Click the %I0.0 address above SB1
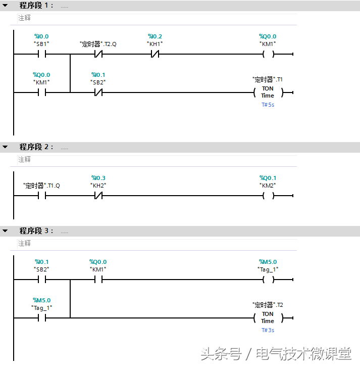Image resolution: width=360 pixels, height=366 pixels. pyautogui.click(x=41, y=36)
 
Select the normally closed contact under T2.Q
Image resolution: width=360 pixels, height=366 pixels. pyautogui.click(x=99, y=54)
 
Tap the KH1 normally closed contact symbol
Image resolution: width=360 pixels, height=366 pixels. pyautogui.click(x=155, y=54)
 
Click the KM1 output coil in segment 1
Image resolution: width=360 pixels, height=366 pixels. pyautogui.click(x=268, y=54)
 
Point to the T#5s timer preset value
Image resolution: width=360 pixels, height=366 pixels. pyautogui.click(x=268, y=105)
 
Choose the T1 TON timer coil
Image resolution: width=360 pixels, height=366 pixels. pyautogui.click(x=268, y=93)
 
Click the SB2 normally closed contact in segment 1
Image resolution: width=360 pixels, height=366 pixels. pyautogui.click(x=98, y=93)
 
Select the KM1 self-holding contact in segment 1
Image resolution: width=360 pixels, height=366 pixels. pyautogui.click(x=41, y=93)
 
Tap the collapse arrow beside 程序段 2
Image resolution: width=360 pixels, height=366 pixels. pyautogui.click(x=5, y=147)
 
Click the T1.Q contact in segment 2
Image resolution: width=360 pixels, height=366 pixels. pyautogui.click(x=41, y=196)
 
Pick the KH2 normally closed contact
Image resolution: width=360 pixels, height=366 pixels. pyautogui.click(x=98, y=196)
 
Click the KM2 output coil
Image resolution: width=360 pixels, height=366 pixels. pyautogui.click(x=268, y=196)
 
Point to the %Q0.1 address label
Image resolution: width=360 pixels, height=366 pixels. pyautogui.click(x=268, y=178)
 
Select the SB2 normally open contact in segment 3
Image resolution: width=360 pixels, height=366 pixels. pyautogui.click(x=41, y=280)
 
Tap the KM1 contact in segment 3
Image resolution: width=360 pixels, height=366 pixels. pyautogui.click(x=98, y=280)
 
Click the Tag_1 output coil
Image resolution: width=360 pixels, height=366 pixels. pyautogui.click(x=268, y=280)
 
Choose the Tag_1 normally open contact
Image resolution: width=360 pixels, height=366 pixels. pyautogui.click(x=41, y=318)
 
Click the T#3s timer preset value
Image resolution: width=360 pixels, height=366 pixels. pyautogui.click(x=268, y=330)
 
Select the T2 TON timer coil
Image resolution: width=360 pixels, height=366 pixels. pyautogui.click(x=268, y=318)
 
